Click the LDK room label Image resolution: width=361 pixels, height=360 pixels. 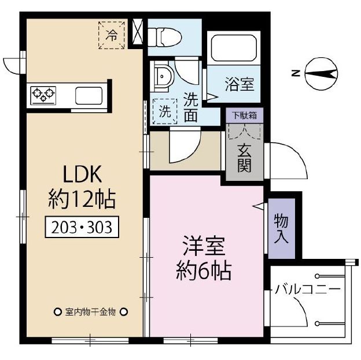(x=81, y=173)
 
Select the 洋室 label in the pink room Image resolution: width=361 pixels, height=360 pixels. (x=204, y=246)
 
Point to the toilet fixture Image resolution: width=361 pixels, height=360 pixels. (x=166, y=36)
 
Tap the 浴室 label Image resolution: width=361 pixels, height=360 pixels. (x=239, y=84)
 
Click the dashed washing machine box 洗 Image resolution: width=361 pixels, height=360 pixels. (x=165, y=111)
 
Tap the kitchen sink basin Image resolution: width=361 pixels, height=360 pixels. (x=88, y=95)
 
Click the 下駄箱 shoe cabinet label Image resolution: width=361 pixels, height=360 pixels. (x=244, y=115)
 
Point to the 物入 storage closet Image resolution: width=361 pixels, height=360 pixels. (x=281, y=228)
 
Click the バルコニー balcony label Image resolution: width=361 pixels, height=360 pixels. (x=308, y=289)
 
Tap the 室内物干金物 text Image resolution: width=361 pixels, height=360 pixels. (x=91, y=312)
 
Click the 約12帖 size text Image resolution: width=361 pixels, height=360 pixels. (x=81, y=199)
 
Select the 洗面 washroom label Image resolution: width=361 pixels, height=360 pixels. (x=191, y=107)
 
